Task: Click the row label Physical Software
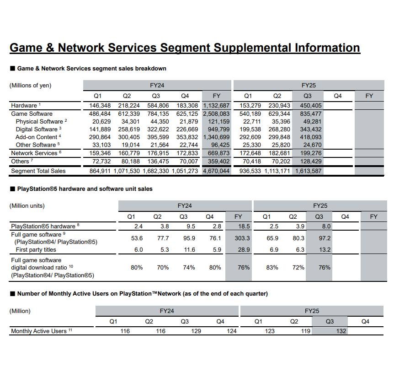coord(39,122)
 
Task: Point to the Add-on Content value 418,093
coord(311,137)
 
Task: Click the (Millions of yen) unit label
coord(30,86)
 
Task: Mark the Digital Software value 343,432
coord(311,129)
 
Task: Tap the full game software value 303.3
coord(242,238)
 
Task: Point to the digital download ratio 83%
coord(272,268)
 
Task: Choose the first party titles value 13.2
coord(325,250)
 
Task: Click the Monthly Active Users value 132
coord(341,331)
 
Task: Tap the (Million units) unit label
coord(28,206)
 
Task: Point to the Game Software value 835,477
coord(311,114)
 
